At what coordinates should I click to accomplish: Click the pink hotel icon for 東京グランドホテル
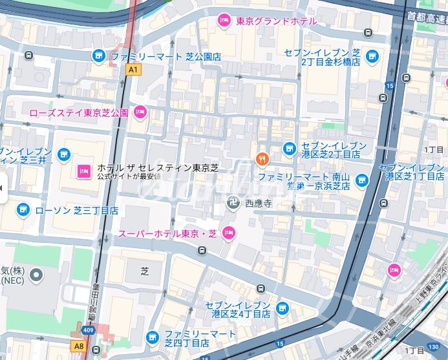tap(224, 21)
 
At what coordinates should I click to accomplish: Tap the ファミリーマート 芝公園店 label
tap(165, 57)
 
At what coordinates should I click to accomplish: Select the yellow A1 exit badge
tap(133, 69)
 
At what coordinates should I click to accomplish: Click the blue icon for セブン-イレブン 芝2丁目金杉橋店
tap(372, 57)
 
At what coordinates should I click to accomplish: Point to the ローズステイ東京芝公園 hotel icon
tap(140, 113)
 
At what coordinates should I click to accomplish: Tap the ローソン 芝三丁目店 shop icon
tap(23, 209)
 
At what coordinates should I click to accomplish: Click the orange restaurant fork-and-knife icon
tap(261, 158)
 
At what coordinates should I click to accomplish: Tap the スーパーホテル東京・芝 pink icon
tap(228, 233)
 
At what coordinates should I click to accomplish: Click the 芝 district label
tap(145, 271)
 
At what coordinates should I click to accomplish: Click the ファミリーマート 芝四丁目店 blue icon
tap(153, 336)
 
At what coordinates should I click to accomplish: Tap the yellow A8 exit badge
tap(79, 346)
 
